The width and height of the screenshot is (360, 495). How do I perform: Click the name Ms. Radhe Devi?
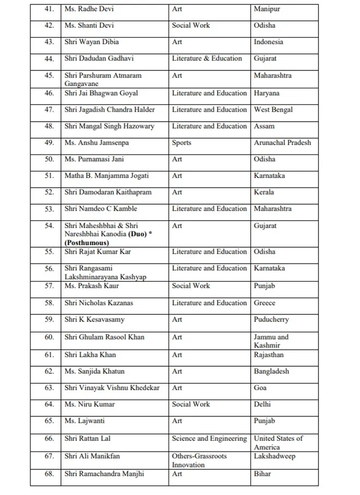pos(89,9)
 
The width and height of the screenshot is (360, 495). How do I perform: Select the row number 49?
pos(49,143)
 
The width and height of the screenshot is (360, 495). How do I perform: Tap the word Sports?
pos(182,143)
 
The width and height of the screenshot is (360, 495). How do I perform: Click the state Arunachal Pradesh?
pos(282,143)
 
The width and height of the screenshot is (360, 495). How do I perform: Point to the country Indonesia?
pos(268,42)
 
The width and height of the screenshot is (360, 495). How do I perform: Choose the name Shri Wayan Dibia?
pos(92,42)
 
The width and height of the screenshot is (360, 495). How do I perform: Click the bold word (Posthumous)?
pos(87,243)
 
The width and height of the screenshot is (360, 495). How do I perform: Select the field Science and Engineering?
pos(209,439)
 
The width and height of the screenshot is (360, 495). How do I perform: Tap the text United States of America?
pos(278,443)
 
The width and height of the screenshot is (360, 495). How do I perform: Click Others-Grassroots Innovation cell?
pos(199,460)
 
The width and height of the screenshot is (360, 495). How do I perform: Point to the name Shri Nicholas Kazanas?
pos(99,303)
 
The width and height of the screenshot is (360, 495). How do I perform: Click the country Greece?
pos(265,303)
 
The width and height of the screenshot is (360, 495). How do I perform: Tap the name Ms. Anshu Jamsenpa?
pos(97,143)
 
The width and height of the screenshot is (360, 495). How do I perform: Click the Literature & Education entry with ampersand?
pos(207,58)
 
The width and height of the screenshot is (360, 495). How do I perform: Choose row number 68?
pos(49,474)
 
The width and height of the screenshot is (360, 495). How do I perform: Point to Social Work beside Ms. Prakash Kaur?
pos(191,286)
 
